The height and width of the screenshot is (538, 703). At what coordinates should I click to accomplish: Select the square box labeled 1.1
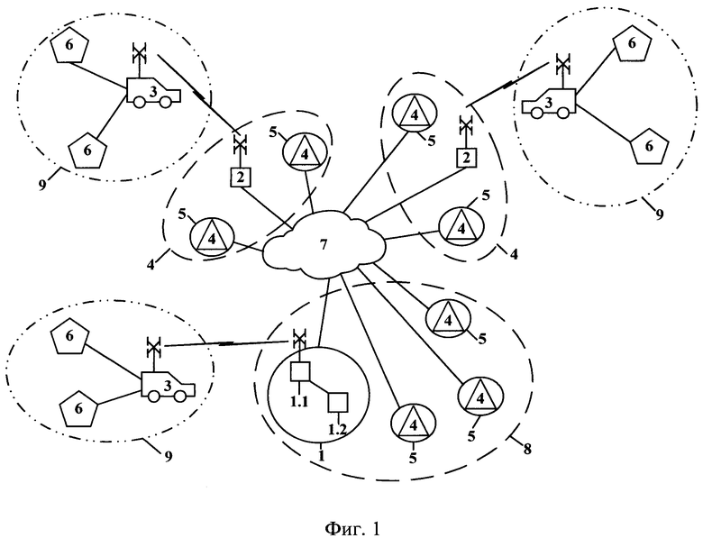point(300,371)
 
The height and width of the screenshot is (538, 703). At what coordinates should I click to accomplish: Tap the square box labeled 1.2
point(337,401)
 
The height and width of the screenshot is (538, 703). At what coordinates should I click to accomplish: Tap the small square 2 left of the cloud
point(241,177)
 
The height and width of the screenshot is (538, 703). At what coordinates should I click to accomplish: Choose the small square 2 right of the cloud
point(465,159)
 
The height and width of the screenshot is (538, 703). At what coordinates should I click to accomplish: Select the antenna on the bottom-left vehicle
point(153,347)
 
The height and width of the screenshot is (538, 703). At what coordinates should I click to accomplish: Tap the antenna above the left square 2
point(240,142)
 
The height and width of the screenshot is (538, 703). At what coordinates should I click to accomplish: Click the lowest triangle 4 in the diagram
point(413,423)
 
